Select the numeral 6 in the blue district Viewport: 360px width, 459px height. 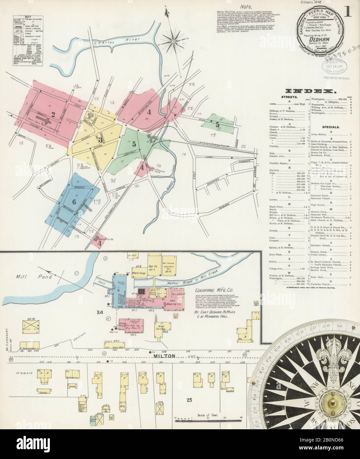click(x=74, y=201)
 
